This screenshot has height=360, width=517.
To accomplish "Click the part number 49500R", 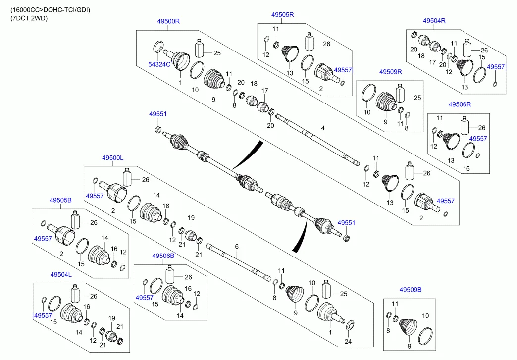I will point(168,21).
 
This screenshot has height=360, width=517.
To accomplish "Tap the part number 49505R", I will point(282,15).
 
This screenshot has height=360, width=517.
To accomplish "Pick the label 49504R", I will point(434,21).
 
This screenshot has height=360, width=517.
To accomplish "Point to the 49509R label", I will point(391,72).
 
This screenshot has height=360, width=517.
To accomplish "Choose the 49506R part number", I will point(460,105).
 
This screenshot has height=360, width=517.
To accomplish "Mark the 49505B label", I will point(60,201).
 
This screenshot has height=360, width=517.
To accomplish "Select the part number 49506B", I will point(163,256).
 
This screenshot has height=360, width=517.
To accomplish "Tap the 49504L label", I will point(60,274).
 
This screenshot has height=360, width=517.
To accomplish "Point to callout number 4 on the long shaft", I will point(322,128).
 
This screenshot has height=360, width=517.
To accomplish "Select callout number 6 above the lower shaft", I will point(237,246).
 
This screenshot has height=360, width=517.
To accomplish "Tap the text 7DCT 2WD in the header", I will point(29,18).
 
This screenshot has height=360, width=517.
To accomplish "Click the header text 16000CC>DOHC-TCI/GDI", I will point(51,9).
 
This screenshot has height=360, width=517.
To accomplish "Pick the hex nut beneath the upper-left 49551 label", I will point(158,130).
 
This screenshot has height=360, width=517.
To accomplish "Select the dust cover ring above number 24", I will point(350,325).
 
